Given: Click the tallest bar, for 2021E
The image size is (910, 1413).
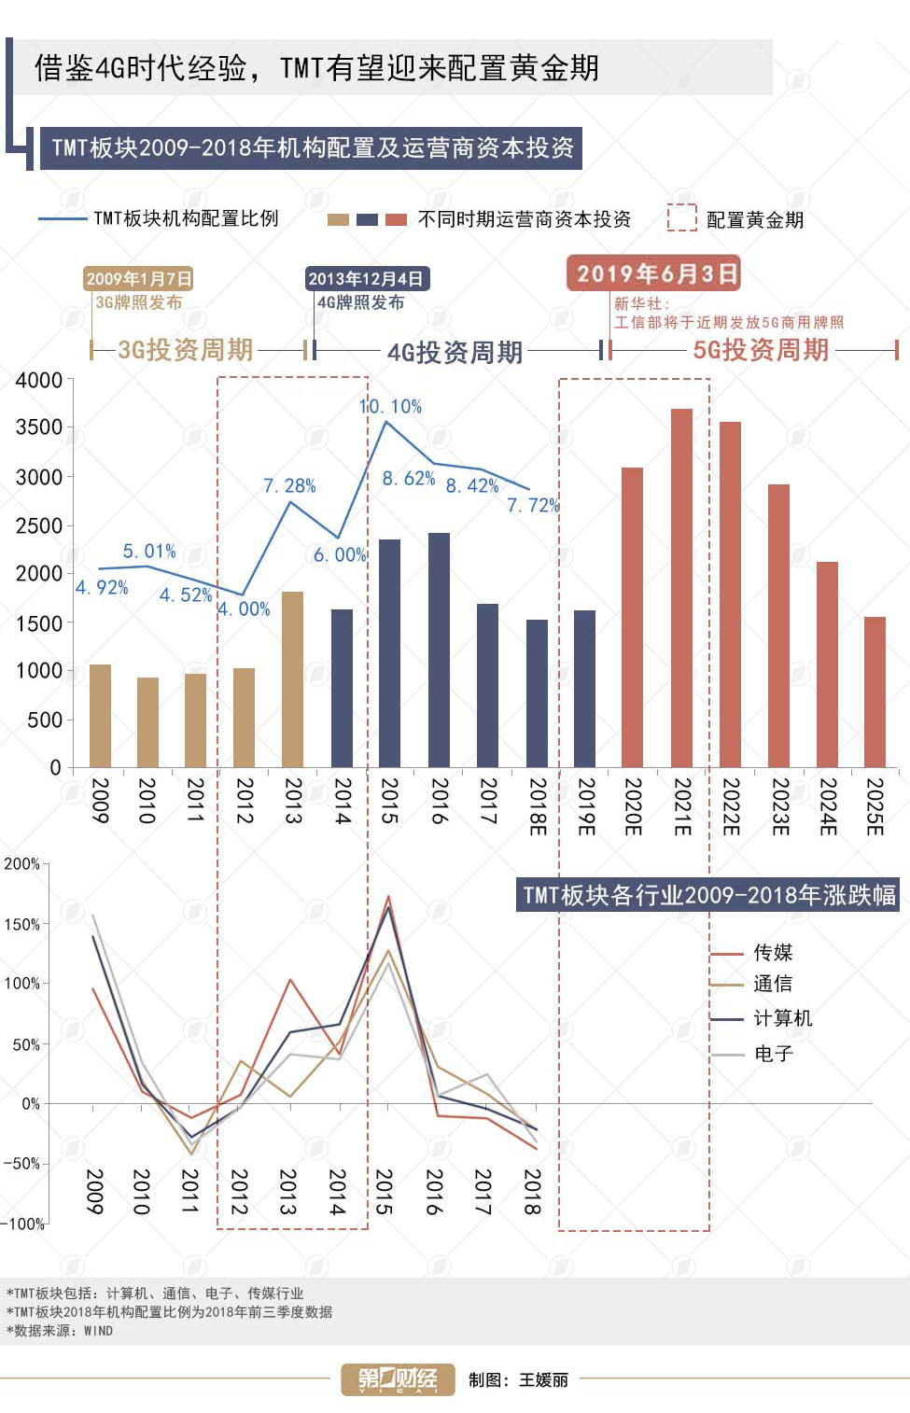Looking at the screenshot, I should [681, 588].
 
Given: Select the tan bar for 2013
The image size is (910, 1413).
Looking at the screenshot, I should [292, 679].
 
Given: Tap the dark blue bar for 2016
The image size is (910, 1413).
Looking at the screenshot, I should [439, 651].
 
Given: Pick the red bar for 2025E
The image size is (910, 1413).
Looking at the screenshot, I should [875, 692].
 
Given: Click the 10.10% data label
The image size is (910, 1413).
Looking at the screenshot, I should [391, 407].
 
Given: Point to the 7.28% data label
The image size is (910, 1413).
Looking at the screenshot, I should [289, 486].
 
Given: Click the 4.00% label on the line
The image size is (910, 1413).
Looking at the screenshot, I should [245, 609].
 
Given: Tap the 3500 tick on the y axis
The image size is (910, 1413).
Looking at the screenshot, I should [39, 427].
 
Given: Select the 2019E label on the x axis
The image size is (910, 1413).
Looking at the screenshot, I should [585, 806].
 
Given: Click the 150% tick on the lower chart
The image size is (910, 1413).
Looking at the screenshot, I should [22, 925].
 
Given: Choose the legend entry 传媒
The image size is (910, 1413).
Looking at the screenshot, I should [773, 953].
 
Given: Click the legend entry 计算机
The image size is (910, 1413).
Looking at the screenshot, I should [782, 1018].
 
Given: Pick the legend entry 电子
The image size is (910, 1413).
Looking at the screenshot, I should [773, 1054].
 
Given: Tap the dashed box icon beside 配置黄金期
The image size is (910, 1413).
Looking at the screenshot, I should [682, 218].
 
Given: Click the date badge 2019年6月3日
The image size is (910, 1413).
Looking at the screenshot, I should [653, 273].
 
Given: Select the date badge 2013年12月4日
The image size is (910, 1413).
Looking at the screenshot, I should [367, 278].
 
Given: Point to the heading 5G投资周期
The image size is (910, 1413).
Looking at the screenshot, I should [761, 350].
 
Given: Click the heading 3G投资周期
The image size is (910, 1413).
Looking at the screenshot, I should [186, 350].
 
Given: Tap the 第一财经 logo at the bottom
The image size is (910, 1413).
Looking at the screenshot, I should [398, 1379].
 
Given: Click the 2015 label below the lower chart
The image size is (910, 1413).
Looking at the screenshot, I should [384, 1192].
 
